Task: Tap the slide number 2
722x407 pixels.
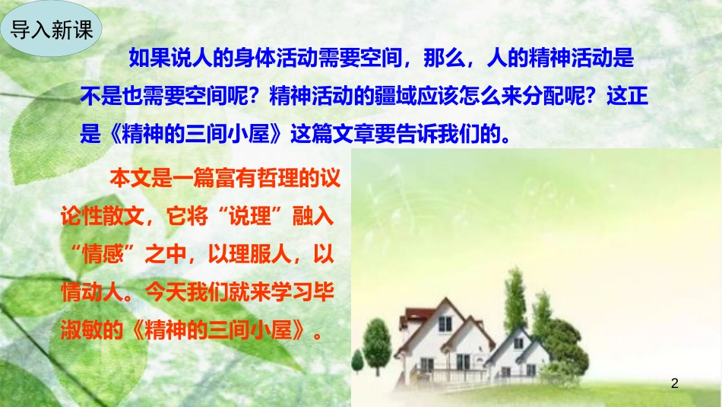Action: coord(673,384)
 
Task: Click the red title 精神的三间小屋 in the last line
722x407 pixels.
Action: coord(214,330)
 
